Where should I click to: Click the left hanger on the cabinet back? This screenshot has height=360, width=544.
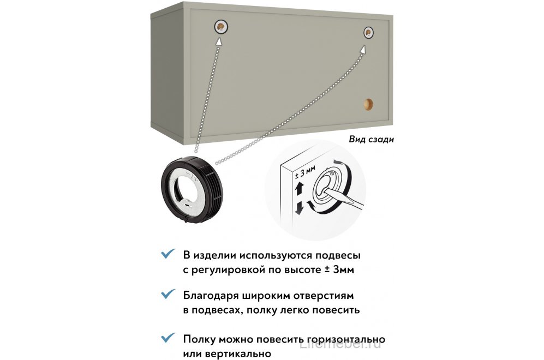click(220, 27)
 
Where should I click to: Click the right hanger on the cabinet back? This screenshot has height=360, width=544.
click(369, 34)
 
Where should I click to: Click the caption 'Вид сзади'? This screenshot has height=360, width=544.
click(371, 139)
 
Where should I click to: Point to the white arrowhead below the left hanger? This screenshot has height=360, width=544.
click(219, 41)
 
